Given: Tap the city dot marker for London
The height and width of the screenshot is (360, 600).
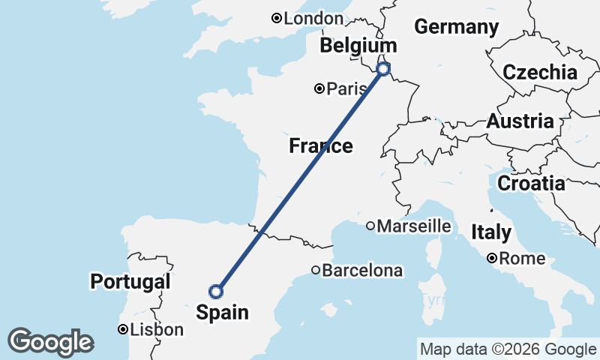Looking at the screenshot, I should (276, 18).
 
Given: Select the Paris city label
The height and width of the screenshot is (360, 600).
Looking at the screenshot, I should (347, 89).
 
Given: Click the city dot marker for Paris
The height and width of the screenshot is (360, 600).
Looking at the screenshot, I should (319, 89).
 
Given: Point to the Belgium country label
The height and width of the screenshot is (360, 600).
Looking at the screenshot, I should (358, 46).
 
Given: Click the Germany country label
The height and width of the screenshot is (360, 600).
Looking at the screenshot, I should (456, 27).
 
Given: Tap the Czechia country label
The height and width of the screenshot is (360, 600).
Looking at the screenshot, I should (540, 73).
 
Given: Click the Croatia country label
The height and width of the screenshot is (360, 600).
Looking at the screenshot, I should (531, 183).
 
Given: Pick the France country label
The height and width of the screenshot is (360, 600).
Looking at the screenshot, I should (321, 146).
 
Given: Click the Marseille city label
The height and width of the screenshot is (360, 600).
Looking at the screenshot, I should (414, 226).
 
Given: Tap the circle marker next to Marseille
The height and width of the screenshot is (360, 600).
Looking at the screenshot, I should (370, 226).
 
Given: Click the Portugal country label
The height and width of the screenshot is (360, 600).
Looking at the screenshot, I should (130, 282).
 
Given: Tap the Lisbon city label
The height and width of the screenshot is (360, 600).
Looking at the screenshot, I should (156, 329).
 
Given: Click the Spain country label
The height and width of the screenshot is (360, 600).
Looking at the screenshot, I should (223, 312).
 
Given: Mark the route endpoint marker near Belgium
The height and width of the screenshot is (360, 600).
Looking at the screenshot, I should (383, 69).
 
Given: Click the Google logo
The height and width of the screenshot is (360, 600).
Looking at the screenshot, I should (50, 342).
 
